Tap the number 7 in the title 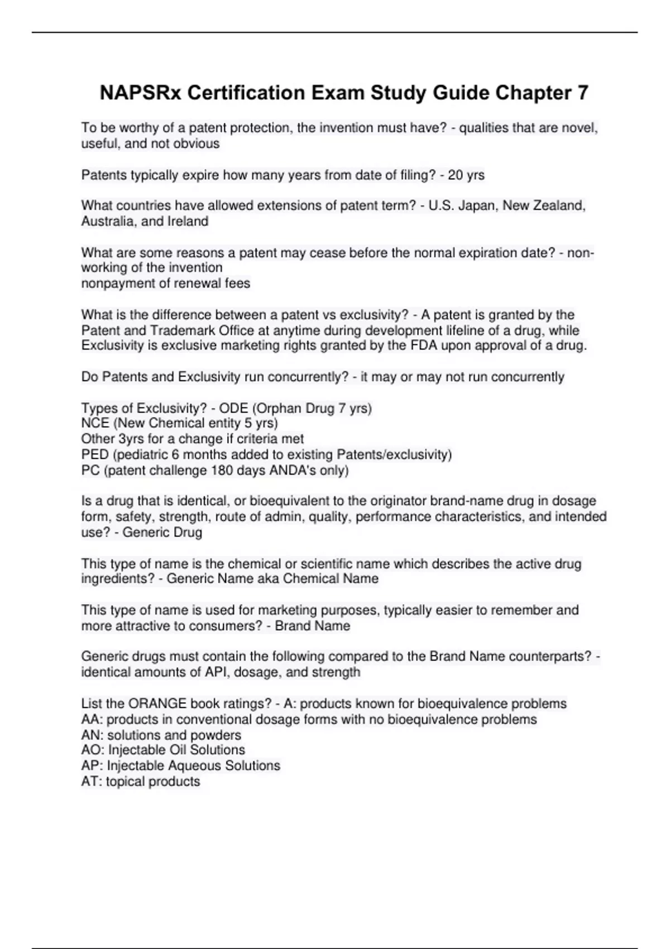[582, 93]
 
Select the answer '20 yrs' [466, 175]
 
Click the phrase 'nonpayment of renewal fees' [166, 284]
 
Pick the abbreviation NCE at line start [95, 423]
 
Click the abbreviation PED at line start [95, 454]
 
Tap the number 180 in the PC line [222, 471]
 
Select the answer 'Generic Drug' [162, 533]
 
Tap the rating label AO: [93, 750]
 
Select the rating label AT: [92, 782]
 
